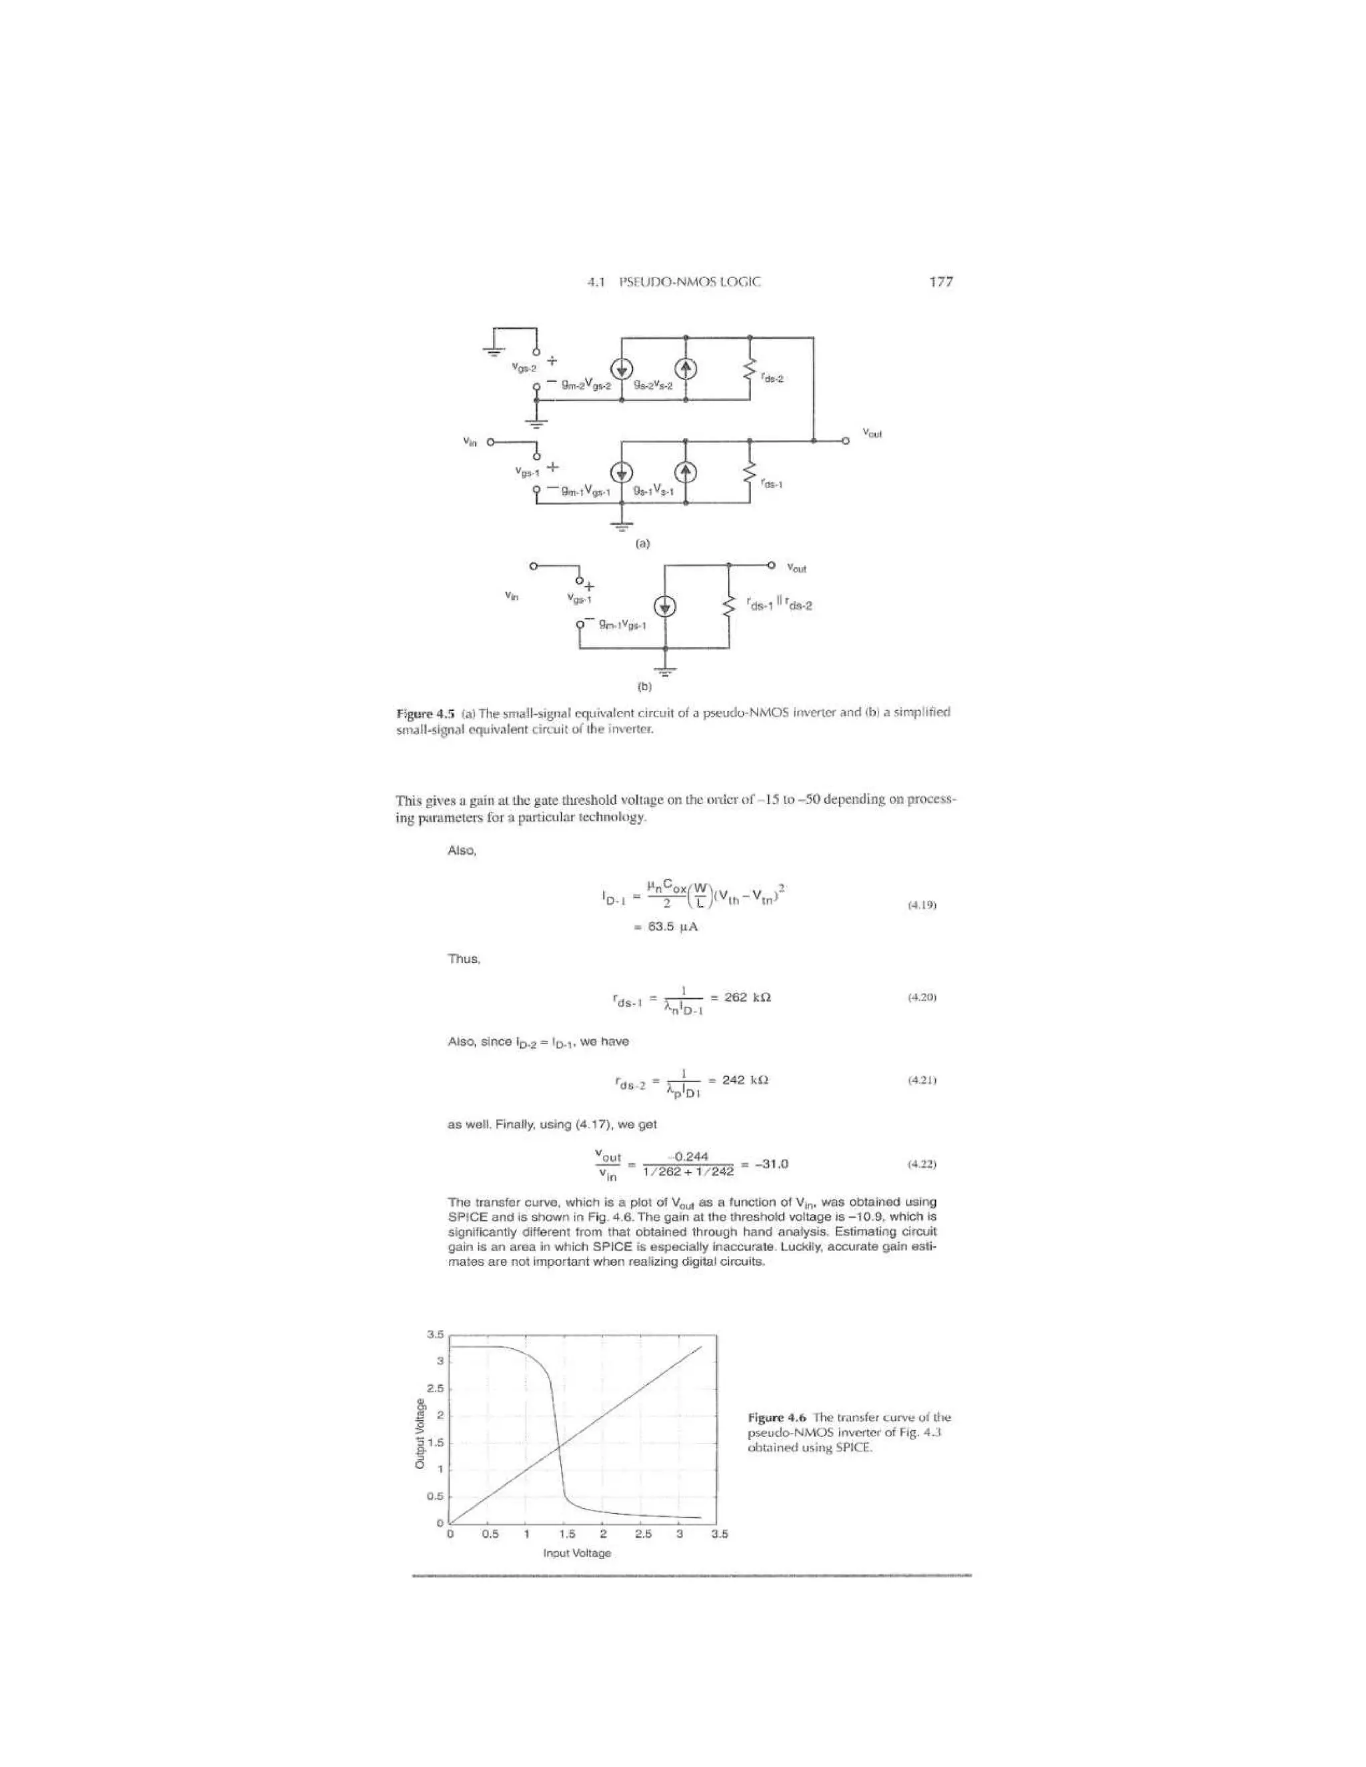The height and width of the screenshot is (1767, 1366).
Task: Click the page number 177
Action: click(x=940, y=281)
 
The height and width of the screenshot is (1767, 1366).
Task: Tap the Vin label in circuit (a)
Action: click(x=470, y=441)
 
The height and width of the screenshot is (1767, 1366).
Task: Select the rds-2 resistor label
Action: click(x=773, y=378)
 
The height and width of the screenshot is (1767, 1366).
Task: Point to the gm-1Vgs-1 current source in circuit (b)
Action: click(x=665, y=607)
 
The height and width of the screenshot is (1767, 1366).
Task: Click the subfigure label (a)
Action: click(x=642, y=543)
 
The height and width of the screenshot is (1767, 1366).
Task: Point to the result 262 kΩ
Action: click(x=747, y=998)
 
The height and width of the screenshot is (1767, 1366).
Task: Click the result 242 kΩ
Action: click(x=744, y=1080)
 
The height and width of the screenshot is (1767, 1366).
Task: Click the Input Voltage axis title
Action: click(x=577, y=1552)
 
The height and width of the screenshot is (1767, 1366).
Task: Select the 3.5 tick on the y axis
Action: click(x=435, y=1334)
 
